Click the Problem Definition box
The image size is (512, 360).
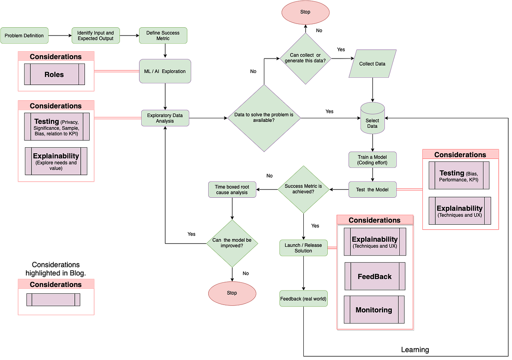[25, 36]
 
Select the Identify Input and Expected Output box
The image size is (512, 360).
[96, 36]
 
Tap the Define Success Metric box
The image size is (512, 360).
[163, 36]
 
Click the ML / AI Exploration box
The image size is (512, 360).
[165, 71]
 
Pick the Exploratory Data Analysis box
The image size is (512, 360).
[165, 118]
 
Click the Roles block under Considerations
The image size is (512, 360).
[54, 75]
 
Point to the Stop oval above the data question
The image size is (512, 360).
[305, 12]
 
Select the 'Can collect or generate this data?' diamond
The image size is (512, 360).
[305, 59]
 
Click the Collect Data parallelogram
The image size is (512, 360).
[372, 64]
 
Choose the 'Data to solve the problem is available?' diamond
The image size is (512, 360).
[264, 118]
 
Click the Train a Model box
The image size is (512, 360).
[373, 160]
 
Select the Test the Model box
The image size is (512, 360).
[372, 190]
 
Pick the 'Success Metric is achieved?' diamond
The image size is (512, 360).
[303, 189]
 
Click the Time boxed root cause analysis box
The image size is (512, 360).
[232, 190]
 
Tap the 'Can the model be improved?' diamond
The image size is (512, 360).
[232, 243]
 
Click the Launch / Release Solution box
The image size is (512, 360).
[303, 248]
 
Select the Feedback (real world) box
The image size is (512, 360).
[303, 299]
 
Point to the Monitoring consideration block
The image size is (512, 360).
[374, 310]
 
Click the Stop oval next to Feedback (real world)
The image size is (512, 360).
[232, 293]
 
